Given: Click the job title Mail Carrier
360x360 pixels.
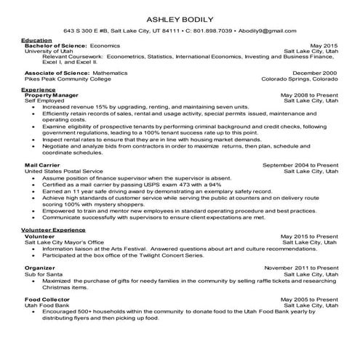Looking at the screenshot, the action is click(x=41, y=165).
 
